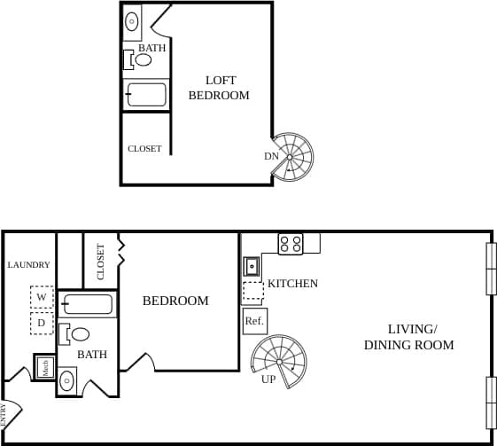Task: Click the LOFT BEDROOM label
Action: (x=220, y=88)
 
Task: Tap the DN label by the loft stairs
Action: (x=271, y=157)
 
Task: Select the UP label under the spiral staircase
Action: (x=268, y=379)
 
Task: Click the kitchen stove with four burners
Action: (x=291, y=244)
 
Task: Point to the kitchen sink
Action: (x=252, y=265)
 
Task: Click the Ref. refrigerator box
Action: (x=254, y=321)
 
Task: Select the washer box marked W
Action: (x=42, y=297)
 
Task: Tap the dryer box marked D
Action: (x=42, y=324)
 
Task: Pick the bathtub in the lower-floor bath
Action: (x=87, y=305)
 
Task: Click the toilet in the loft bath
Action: (x=139, y=60)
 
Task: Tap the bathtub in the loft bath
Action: (x=146, y=94)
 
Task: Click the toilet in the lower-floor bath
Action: (x=76, y=334)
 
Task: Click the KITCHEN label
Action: (x=292, y=284)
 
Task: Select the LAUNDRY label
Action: (x=28, y=265)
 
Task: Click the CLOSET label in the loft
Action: (x=144, y=149)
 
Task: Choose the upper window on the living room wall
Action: (x=491, y=269)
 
